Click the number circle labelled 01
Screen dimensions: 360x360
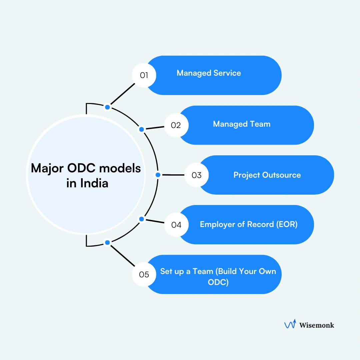pyautogui.click(x=144, y=75)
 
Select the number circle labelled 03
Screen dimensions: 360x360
pyautogui.click(x=197, y=175)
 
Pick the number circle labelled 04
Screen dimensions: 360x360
pyautogui.click(x=176, y=225)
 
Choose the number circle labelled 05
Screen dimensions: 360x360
pyautogui.click(x=144, y=275)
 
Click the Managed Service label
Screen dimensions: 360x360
pyautogui.click(x=209, y=73)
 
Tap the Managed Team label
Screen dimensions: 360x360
pyautogui.click(x=242, y=124)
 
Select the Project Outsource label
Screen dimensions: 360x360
pyautogui.click(x=267, y=175)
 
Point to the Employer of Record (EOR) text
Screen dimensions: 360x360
pyautogui.click(x=248, y=224)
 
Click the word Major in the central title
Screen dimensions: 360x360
pyautogui.click(x=47, y=168)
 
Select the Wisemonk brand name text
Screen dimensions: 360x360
pyautogui.click(x=316, y=325)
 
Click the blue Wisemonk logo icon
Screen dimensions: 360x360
pyautogui.click(x=290, y=324)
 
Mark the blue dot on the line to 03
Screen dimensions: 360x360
pyautogui.click(x=158, y=175)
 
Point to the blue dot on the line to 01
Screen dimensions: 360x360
pyautogui.click(x=107, y=107)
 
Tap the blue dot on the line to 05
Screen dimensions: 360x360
pyautogui.click(x=107, y=243)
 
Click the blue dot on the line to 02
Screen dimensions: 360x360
pyautogui.click(x=141, y=129)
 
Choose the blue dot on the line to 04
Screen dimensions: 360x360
pyautogui.click(x=141, y=219)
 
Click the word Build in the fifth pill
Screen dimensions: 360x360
pyautogui.click(x=233, y=271)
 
